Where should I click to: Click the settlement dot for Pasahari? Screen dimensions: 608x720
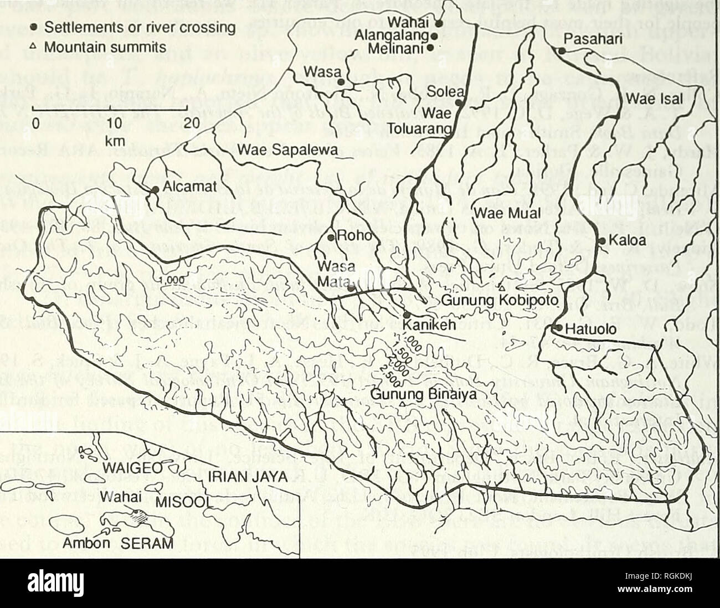click(561, 50)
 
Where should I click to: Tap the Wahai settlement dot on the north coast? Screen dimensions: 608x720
click(438, 24)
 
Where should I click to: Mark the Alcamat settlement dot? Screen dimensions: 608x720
click(156, 189)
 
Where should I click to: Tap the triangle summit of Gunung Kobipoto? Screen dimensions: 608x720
click(501, 288)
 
